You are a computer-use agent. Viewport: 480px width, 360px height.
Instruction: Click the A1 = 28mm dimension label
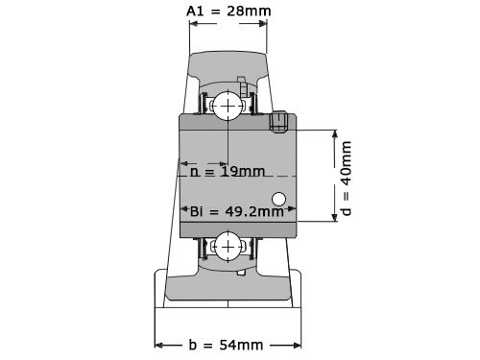point(228,12)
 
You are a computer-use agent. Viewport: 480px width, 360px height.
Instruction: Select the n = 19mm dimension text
point(227,173)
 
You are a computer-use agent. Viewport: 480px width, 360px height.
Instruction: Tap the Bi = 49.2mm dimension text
point(236,211)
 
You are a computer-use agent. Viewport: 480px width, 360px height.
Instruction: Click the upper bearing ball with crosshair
point(228,106)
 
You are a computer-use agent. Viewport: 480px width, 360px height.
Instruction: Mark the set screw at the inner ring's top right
point(281,120)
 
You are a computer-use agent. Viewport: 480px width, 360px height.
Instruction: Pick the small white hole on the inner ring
point(279,200)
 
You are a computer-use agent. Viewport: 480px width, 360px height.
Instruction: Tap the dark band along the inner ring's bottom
point(238,229)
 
